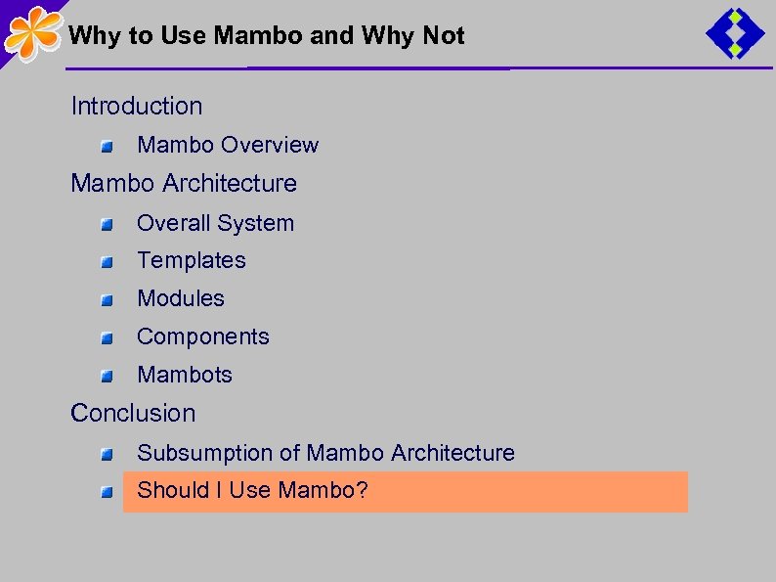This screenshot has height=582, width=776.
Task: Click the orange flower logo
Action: tap(33, 33)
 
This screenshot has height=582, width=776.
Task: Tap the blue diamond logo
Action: tap(735, 35)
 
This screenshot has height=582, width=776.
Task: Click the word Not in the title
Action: tap(444, 36)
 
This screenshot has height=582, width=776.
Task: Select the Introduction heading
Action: tap(137, 106)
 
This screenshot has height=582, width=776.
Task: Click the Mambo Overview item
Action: tap(228, 145)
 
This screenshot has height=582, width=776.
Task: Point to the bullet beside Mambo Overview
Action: tap(107, 147)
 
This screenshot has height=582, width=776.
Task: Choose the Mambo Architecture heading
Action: tap(184, 183)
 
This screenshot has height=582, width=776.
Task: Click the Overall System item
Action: tap(215, 223)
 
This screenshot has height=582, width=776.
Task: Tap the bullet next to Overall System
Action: tap(107, 225)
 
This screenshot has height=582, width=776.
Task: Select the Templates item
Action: tap(192, 260)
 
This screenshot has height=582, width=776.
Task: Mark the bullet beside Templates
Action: tap(107, 262)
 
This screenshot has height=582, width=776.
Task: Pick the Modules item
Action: tap(181, 298)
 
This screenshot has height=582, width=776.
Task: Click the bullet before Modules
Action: tap(107, 300)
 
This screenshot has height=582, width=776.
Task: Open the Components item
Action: tap(203, 336)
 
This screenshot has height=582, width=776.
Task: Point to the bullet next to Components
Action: tap(107, 338)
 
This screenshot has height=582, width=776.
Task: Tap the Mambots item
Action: tap(185, 375)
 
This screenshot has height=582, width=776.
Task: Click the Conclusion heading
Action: tap(133, 413)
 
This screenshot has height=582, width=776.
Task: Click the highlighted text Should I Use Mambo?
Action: tap(252, 490)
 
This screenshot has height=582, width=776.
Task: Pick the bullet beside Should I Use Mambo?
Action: tap(107, 492)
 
